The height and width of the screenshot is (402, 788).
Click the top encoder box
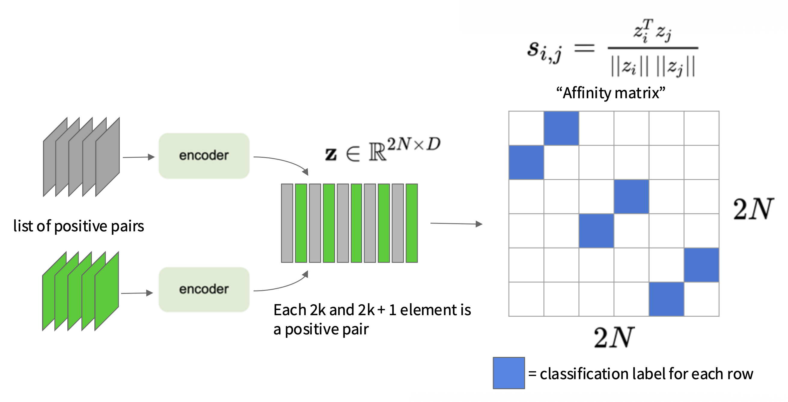tap(204, 156)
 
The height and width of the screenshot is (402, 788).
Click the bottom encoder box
tap(204, 289)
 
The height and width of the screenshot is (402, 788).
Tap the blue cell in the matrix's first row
tap(561, 128)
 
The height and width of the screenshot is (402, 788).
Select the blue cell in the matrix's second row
tap(527, 162)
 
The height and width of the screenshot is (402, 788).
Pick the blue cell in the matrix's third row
tap(631, 196)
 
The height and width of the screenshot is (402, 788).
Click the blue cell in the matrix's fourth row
tap(596, 231)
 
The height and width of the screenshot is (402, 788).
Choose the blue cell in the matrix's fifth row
tap(701, 265)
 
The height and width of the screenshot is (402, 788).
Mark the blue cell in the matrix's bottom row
tap(666, 299)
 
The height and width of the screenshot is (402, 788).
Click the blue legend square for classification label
tap(509, 373)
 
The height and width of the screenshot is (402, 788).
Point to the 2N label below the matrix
tap(614, 337)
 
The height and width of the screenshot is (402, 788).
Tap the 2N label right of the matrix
tap(753, 209)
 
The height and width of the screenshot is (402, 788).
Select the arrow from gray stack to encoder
tap(139, 157)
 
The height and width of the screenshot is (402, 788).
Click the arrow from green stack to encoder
tap(137, 293)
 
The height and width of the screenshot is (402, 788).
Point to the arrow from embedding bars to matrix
tap(456, 224)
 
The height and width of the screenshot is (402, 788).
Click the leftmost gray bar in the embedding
tap(287, 223)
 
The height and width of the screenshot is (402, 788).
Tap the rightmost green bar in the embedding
tap(412, 223)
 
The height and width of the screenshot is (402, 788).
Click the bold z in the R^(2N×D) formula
tap(331, 154)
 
